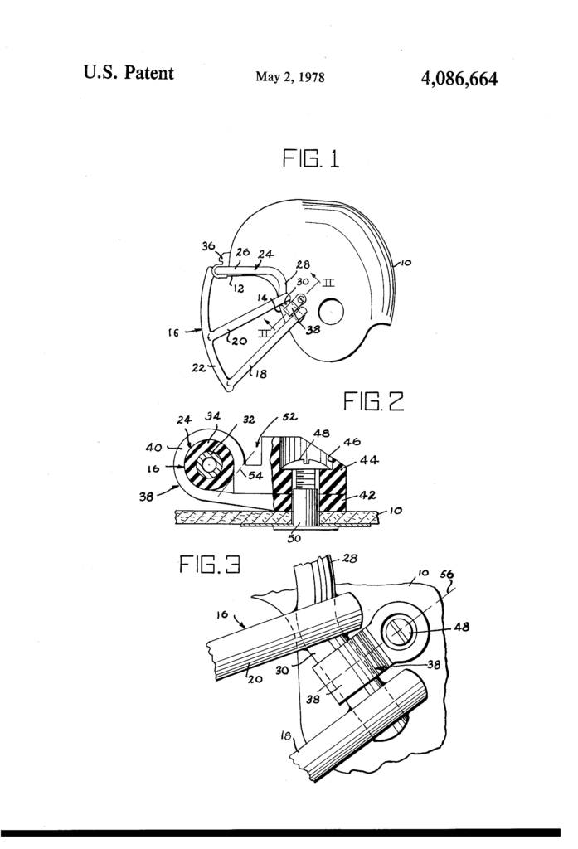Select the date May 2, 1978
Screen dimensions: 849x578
[x=289, y=78]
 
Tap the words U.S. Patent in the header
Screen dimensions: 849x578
[x=129, y=73]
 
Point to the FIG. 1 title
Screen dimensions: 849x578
[x=311, y=158]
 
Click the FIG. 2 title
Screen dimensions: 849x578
[x=373, y=403]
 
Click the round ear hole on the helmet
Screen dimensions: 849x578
[x=331, y=312]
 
